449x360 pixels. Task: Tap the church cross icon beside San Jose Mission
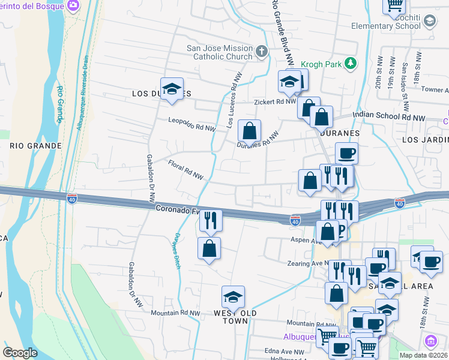(261, 52)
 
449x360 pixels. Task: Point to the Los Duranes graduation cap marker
(172, 89)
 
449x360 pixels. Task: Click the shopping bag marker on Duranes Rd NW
(249, 131)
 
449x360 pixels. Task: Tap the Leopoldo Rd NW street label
(191, 123)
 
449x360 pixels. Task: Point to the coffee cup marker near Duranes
(346, 154)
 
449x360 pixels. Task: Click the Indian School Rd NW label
(388, 115)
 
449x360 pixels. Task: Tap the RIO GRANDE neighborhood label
(35, 146)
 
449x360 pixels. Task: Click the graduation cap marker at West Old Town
(232, 297)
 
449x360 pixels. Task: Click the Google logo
(20, 353)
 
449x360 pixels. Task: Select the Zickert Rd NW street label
(274, 102)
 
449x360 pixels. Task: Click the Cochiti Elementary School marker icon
(429, 22)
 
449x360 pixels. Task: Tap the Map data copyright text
(424, 355)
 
